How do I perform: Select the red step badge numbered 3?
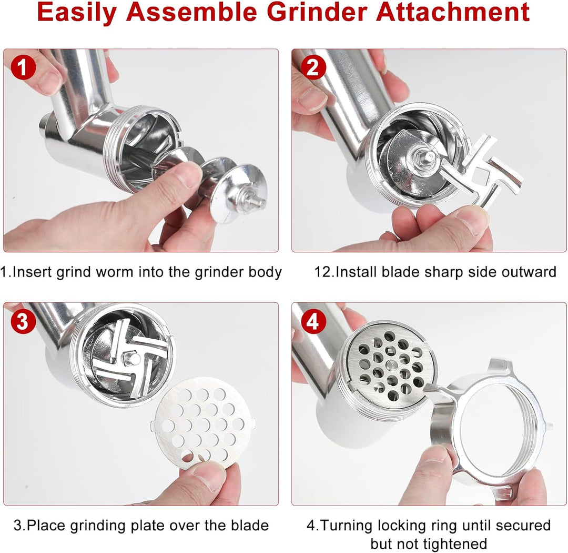click(x=23, y=322)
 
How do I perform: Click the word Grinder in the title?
click(x=318, y=12)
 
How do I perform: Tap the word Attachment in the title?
click(x=453, y=12)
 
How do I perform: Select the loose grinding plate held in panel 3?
click(x=202, y=424)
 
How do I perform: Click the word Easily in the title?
click(x=76, y=13)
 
